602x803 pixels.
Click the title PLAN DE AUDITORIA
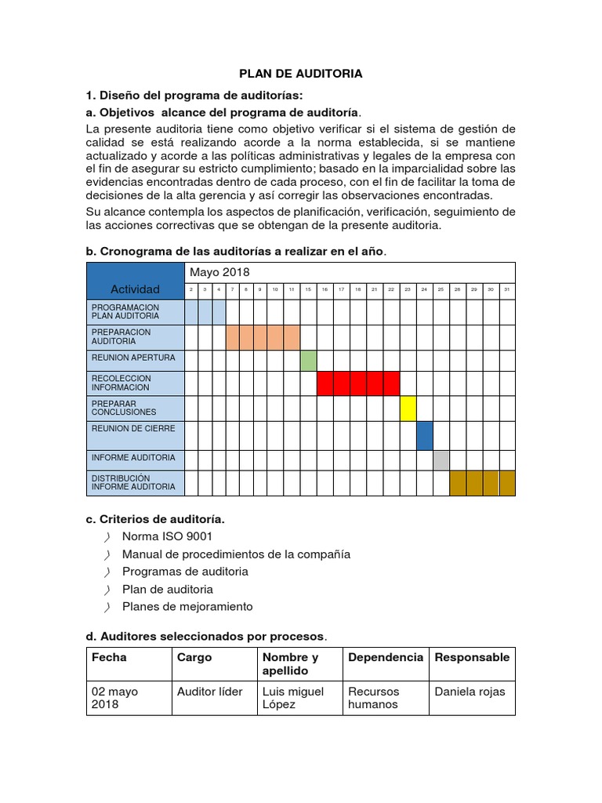(301, 74)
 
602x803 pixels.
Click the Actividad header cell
(135, 289)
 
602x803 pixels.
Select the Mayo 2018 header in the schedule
(218, 272)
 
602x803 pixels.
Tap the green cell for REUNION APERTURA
(308, 361)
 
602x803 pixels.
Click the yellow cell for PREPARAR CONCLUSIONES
(408, 409)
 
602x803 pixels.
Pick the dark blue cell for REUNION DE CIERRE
(425, 435)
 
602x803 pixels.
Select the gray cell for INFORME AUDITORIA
(441, 460)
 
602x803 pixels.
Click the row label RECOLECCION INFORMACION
(121, 383)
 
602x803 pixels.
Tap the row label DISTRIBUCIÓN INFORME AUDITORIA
(133, 482)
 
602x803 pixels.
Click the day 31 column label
(507, 290)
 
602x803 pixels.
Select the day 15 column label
(308, 290)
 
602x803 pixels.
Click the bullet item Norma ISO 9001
(167, 536)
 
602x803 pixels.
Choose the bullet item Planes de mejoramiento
(187, 606)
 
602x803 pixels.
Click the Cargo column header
(194, 657)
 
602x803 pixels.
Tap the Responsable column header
(472, 657)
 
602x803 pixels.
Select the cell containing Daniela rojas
(470, 692)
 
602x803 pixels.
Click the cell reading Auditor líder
(210, 692)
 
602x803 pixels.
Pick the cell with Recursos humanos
(374, 698)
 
